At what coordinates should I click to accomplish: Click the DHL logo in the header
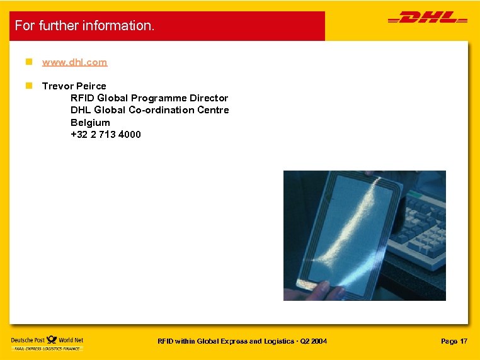click(427, 19)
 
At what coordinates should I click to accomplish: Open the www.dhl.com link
click(74, 62)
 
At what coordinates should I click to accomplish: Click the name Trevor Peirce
click(74, 86)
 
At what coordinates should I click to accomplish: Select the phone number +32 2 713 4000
click(106, 134)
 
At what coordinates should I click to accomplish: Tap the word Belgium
click(90, 122)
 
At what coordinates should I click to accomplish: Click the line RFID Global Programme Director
click(149, 98)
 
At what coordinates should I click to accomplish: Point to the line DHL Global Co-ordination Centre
click(150, 110)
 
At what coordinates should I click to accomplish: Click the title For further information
click(84, 26)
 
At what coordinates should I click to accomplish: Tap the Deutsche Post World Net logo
click(47, 343)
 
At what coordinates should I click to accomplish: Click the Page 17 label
click(454, 341)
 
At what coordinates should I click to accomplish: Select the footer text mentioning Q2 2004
click(242, 341)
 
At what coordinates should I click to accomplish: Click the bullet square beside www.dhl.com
click(28, 62)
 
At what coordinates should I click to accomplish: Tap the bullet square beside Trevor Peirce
click(28, 86)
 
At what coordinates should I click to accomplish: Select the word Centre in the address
click(213, 110)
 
